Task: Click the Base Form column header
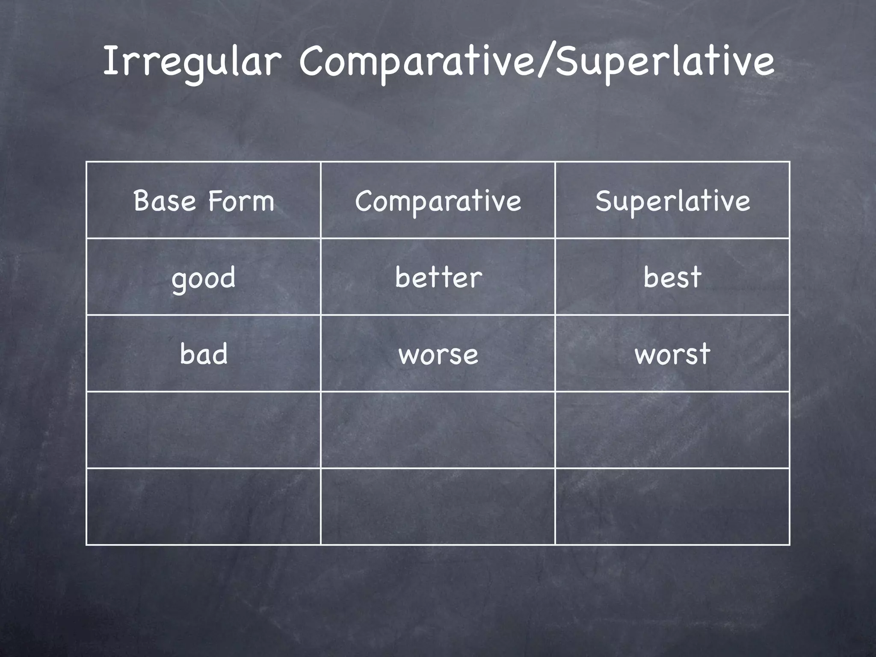coord(204,201)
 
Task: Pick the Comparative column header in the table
coord(438,201)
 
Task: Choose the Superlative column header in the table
coord(672,201)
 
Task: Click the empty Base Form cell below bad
coord(204,430)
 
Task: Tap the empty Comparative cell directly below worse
coord(438,430)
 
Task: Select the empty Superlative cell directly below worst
coord(672,430)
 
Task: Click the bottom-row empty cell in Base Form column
coord(204,506)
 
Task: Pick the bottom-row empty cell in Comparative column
coord(438,506)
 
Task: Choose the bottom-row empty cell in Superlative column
coord(672,506)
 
